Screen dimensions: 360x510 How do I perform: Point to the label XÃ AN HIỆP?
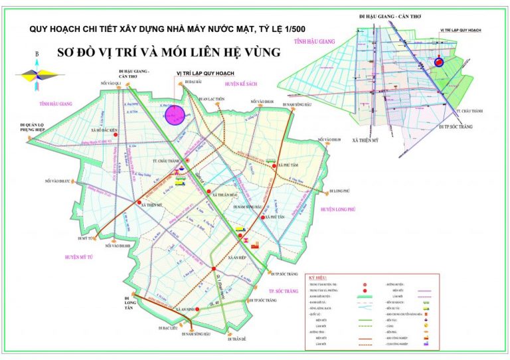pyautogui.click(x=238, y=258)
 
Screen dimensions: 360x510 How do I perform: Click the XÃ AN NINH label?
pyautogui.click(x=188, y=309)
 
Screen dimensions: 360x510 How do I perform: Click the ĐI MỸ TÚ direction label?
pyautogui.click(x=88, y=237)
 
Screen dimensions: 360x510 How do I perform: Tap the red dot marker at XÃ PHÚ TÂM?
pyautogui.click(x=274, y=166)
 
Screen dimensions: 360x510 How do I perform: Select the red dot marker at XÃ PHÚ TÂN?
pyautogui.click(x=264, y=217)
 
